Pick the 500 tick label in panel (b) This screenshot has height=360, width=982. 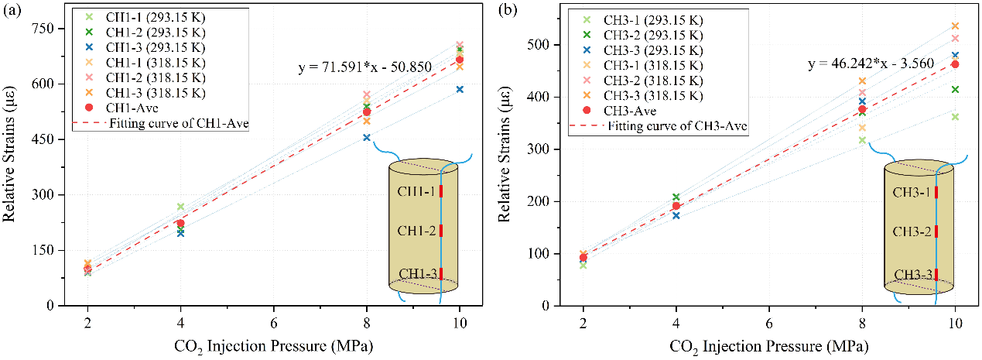pyautogui.click(x=541, y=45)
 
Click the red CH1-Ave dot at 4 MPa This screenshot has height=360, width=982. pyautogui.click(x=180, y=223)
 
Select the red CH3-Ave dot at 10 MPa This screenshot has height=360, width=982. pyautogui.click(x=955, y=64)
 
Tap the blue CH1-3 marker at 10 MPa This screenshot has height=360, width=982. pyautogui.click(x=460, y=90)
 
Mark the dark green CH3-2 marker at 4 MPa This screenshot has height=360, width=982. pyautogui.click(x=676, y=197)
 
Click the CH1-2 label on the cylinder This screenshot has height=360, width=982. pyautogui.click(x=416, y=231)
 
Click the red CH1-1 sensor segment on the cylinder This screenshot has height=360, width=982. pyautogui.click(x=441, y=191)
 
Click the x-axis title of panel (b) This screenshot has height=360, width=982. pyautogui.click(x=769, y=345)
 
